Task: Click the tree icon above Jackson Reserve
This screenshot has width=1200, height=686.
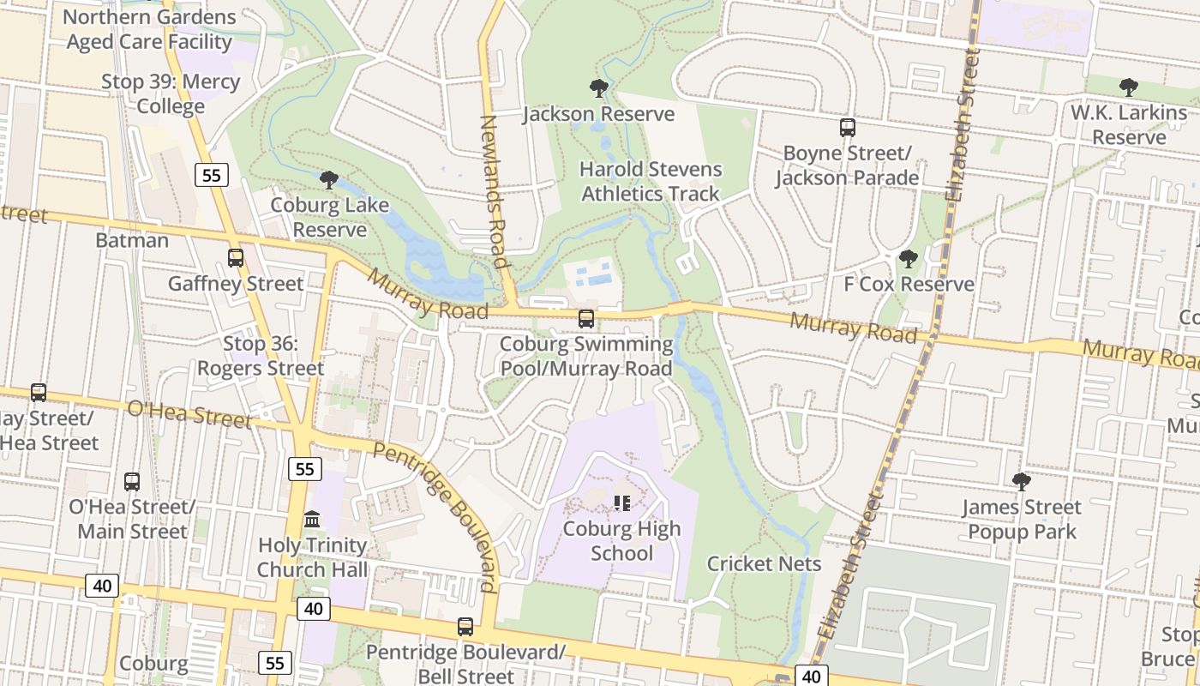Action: (x=598, y=87)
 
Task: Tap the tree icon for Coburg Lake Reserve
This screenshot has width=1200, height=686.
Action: (x=328, y=179)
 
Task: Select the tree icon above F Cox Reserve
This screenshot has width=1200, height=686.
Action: (x=908, y=258)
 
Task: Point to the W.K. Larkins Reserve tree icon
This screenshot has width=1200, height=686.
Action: (x=1128, y=87)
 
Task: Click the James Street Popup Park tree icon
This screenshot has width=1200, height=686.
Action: (x=1020, y=481)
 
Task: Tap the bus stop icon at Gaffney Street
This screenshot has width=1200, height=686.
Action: (x=235, y=257)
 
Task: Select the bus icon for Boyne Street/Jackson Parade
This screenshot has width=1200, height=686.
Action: (x=847, y=128)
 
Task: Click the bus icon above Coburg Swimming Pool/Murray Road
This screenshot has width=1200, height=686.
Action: (x=586, y=319)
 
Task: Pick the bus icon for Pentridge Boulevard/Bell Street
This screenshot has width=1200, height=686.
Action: (x=465, y=627)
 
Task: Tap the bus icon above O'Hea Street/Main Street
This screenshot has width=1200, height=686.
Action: (x=131, y=482)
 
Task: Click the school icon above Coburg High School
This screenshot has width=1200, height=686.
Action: (x=622, y=503)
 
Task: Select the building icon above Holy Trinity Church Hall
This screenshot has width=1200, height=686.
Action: (x=312, y=520)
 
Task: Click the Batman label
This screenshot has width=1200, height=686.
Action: (x=132, y=240)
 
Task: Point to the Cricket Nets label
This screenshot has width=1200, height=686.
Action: (x=764, y=563)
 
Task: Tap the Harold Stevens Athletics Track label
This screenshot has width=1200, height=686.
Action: (x=651, y=182)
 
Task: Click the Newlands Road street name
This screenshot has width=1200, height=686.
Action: (x=495, y=191)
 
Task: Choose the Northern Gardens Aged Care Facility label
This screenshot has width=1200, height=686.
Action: (x=149, y=29)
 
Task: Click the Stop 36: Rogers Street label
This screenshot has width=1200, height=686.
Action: (x=261, y=356)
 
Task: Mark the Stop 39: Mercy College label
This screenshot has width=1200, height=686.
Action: (x=171, y=94)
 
